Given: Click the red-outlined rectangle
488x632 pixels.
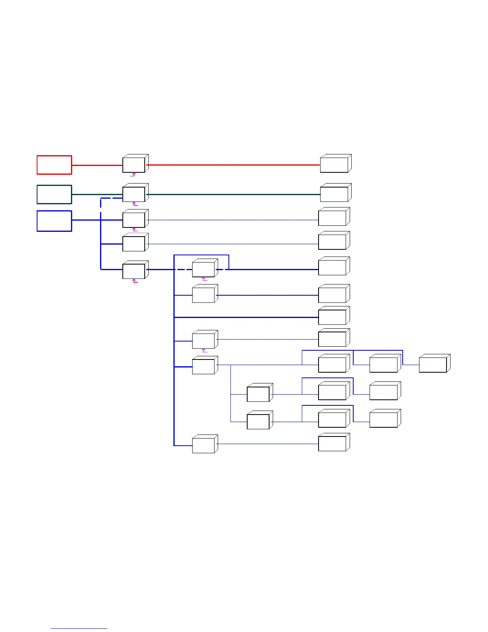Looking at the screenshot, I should pyautogui.click(x=54, y=165).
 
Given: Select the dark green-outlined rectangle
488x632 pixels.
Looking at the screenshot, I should pyautogui.click(x=54, y=194).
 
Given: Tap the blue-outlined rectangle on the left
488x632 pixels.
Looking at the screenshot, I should pyautogui.click(x=54, y=221).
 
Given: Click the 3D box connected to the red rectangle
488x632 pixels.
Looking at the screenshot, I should pyautogui.click(x=134, y=164).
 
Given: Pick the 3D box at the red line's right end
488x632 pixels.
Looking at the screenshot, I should pyautogui.click(x=335, y=164).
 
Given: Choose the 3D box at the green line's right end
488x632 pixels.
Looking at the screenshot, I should pyautogui.click(x=335, y=194).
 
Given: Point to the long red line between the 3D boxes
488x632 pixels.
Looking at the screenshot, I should pyautogui.click(x=233, y=165).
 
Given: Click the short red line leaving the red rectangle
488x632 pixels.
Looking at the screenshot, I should pyautogui.click(x=97, y=165).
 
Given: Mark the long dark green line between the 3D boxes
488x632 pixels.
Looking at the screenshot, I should pyautogui.click(x=233, y=194).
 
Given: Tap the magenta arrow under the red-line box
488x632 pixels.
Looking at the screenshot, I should pyautogui.click(x=134, y=174).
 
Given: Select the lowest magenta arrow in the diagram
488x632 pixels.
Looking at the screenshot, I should pyautogui.click(x=205, y=351).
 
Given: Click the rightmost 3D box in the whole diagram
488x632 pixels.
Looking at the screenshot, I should pyautogui.click(x=433, y=365).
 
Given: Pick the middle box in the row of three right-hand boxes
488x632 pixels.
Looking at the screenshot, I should pyautogui.click(x=384, y=365).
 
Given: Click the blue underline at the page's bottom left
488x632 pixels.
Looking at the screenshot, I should pyautogui.click(x=79, y=629).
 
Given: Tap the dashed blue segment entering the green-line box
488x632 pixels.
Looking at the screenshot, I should pyautogui.click(x=112, y=198).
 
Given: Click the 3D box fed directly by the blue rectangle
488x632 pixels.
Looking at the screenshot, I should pyautogui.click(x=134, y=220).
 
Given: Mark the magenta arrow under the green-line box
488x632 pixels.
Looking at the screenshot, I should pyautogui.click(x=135, y=204).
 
